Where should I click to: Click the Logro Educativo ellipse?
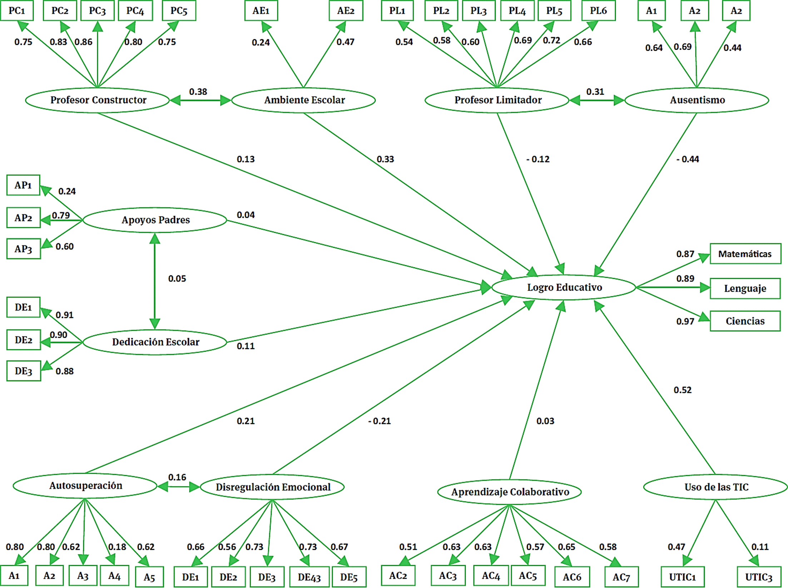[x=564, y=287]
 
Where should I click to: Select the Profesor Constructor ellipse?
[x=98, y=100]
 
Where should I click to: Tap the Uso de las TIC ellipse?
[x=716, y=487]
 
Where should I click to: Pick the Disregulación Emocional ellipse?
[x=272, y=487]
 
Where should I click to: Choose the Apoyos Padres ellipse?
[x=155, y=220]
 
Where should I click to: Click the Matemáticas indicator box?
[x=745, y=254]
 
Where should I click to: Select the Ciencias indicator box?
[x=745, y=321]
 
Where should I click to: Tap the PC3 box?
[x=97, y=11]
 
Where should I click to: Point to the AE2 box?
[x=346, y=11]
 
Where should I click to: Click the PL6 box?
[x=598, y=11]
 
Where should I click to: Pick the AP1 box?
[x=23, y=185]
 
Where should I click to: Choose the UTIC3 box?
[x=758, y=577]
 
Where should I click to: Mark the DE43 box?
[x=309, y=577]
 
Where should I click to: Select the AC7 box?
[x=621, y=577]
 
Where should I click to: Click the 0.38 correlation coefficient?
[x=198, y=92]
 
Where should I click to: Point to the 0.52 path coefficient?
[x=683, y=390]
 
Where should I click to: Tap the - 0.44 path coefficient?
[x=688, y=159]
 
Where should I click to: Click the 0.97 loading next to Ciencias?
[x=685, y=321]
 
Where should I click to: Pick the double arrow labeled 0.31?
[x=596, y=100]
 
